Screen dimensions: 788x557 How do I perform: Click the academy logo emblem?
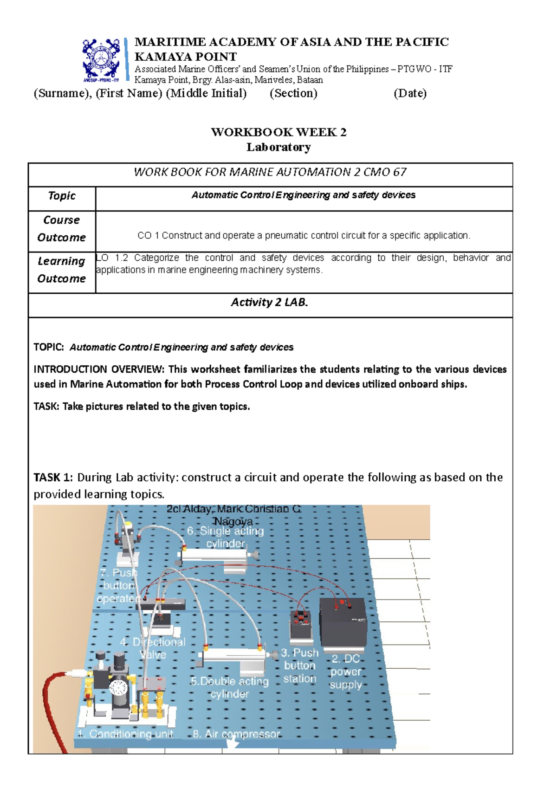point(101,59)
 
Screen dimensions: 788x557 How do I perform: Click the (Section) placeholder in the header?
point(293,93)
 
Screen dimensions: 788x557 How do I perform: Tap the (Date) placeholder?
point(410,93)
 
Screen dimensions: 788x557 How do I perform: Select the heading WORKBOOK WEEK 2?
point(278,132)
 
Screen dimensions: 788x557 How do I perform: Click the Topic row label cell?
point(62,196)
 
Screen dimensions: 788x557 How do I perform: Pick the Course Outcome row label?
point(62,229)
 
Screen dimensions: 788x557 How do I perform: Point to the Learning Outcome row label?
point(62,270)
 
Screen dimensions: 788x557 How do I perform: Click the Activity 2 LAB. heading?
point(270,303)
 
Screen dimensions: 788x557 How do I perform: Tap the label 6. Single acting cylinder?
point(226,537)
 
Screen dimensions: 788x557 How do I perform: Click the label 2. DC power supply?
point(346,672)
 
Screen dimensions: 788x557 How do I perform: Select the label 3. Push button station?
point(300,665)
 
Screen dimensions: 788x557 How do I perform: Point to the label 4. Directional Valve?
point(153,648)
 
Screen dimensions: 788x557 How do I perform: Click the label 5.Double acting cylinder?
point(230,687)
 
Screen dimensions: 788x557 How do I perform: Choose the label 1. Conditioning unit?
point(125,734)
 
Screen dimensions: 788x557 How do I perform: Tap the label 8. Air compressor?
point(236,734)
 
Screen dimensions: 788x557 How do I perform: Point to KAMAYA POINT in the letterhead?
point(185,57)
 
